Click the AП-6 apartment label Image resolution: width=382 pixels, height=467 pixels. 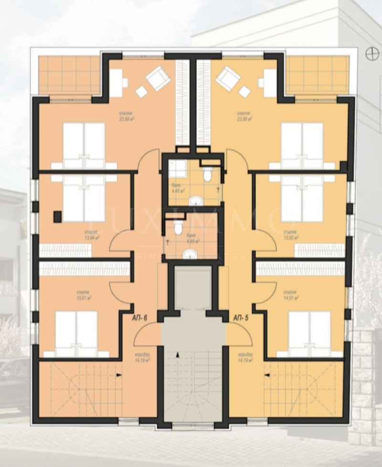point(139,317)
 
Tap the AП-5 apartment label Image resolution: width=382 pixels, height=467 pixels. point(241,317)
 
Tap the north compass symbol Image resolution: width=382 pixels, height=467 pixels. point(371,54)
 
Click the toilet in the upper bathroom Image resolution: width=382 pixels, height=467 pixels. point(208,175)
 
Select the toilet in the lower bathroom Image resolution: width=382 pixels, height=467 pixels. point(178,228)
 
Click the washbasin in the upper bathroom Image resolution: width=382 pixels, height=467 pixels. point(196,201)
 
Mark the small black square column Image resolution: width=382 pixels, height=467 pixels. point(57,216)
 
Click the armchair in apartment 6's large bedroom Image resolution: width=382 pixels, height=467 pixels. point(158,78)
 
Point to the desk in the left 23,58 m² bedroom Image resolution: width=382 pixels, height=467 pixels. point(117,83)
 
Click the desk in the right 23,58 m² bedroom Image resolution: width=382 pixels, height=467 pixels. point(269,83)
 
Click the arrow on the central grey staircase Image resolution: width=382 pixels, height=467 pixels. point(178,354)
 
